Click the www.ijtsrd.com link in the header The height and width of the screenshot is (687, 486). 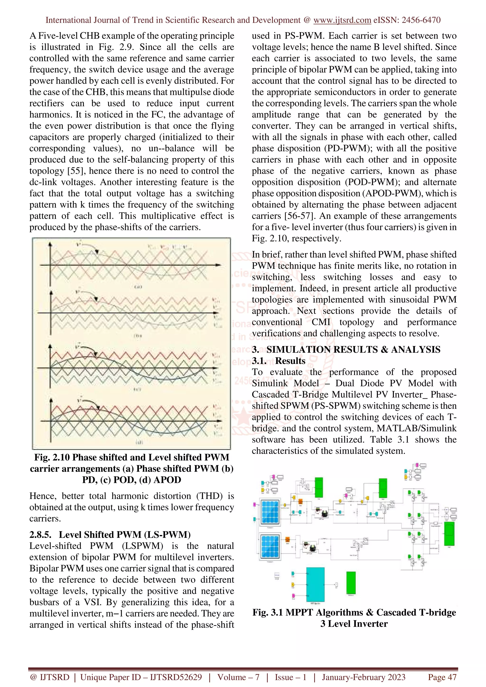[342, 20]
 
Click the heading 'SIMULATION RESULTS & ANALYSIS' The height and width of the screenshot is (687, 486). [353, 349]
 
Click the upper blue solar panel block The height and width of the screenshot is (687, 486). [270, 512]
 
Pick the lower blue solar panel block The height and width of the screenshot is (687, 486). [270, 546]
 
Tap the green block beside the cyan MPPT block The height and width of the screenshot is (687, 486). [351, 582]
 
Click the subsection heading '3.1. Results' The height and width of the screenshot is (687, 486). [279, 361]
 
